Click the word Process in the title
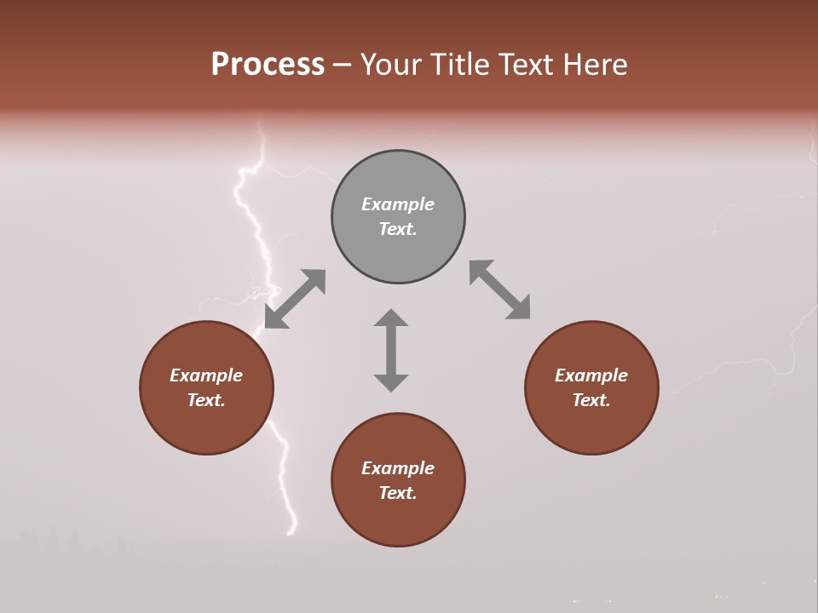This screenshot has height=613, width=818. (x=268, y=65)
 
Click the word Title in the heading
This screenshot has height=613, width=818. (x=460, y=65)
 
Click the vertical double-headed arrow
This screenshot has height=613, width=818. (x=391, y=350)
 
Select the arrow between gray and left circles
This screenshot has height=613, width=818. (x=295, y=299)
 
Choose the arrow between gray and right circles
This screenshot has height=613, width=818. (x=499, y=290)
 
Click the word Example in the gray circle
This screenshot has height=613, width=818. (x=398, y=204)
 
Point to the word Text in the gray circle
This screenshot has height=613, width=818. (x=396, y=229)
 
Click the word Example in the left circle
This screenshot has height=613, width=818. (x=206, y=375)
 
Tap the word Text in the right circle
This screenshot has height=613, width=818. (x=590, y=400)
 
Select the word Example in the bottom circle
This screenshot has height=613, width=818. (x=398, y=468)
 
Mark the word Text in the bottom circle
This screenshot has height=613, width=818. (x=396, y=493)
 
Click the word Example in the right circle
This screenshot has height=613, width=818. (x=591, y=375)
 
